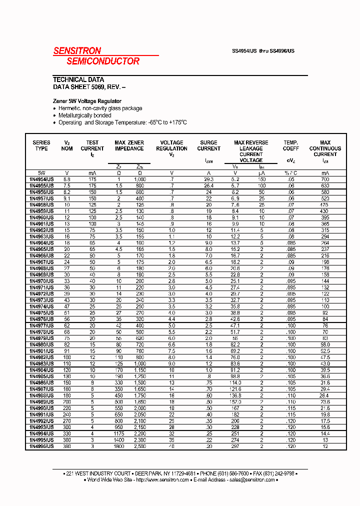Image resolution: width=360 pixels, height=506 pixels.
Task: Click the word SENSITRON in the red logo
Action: pos(77,50)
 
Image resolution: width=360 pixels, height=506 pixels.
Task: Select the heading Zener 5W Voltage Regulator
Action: pos(87,101)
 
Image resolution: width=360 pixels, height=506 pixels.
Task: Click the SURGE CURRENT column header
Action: pos(208,145)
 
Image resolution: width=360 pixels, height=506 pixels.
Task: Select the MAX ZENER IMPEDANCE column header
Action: pos(129,145)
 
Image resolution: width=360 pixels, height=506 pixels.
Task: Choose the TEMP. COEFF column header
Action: pos(291,145)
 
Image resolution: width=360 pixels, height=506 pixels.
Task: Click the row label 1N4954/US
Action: pos(41,179)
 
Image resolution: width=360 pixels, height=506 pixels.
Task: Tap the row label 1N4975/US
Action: pos(41,312)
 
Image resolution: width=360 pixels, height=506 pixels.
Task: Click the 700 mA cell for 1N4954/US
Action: pos(325,179)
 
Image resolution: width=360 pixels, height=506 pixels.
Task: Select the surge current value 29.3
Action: pos(208,179)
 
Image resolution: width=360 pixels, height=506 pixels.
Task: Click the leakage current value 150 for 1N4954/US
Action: pos(261,179)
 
